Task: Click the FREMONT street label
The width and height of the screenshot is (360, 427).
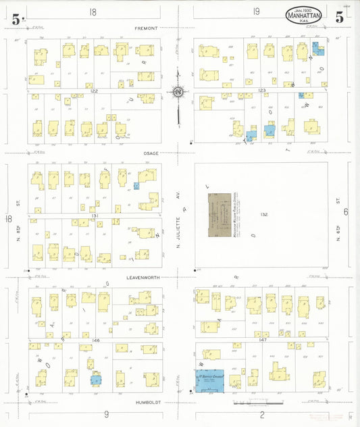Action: tap(146, 28)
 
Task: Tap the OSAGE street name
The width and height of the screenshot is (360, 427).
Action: tap(150, 153)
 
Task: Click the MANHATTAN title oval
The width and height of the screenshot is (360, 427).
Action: tap(304, 15)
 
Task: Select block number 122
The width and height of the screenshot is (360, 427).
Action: tap(95, 91)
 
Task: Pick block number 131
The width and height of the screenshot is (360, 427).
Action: tap(95, 216)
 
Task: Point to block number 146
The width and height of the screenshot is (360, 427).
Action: tap(95, 340)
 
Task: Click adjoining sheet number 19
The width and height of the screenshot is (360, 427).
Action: tap(257, 11)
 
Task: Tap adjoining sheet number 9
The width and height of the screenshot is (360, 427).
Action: tap(105, 413)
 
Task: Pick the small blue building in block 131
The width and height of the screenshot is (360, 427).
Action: tap(136, 186)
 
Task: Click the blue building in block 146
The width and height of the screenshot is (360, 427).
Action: tap(95, 379)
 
